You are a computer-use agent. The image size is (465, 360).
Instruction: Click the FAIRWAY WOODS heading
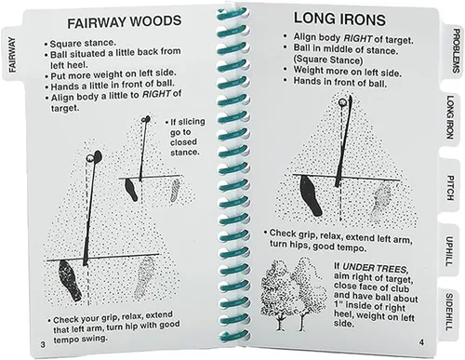(x=125, y=21)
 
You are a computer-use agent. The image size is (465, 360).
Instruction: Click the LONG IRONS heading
(x=339, y=19)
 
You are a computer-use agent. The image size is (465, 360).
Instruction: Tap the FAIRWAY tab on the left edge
(x=12, y=55)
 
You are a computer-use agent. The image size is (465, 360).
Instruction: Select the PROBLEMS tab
(x=455, y=51)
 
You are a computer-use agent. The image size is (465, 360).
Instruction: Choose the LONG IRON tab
(x=450, y=117)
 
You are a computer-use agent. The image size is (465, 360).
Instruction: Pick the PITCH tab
(x=450, y=188)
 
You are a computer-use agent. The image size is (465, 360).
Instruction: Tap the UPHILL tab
(x=449, y=251)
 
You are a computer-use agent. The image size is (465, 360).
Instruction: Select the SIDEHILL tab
(x=449, y=312)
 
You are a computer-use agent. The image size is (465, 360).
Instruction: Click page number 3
(x=43, y=344)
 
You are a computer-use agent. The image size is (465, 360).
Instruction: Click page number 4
(x=421, y=342)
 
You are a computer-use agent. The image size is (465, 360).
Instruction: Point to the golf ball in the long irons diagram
(x=342, y=102)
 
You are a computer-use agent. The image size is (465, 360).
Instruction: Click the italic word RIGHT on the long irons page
(x=358, y=38)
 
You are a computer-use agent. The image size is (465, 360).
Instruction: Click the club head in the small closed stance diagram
(x=146, y=119)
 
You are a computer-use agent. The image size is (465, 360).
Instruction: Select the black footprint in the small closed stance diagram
(x=131, y=190)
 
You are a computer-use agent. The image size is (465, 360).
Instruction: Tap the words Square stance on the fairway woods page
(x=83, y=43)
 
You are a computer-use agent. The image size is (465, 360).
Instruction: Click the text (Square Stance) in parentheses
(x=328, y=60)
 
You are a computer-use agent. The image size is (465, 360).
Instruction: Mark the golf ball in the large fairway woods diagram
(x=89, y=158)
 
